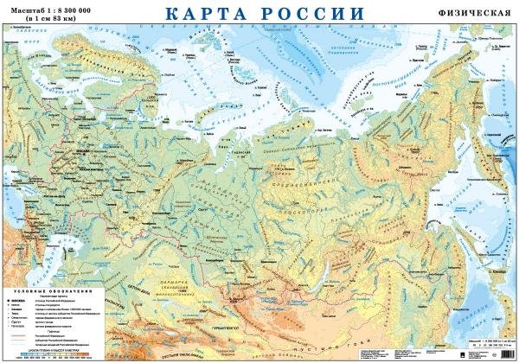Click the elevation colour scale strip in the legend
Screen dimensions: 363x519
pos(52,353)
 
